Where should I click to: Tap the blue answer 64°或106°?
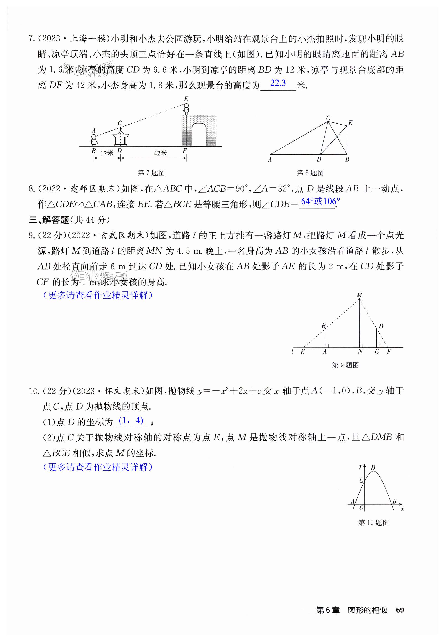pos(320,201)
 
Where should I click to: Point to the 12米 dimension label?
pos(107,153)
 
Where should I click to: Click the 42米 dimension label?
pos(160,153)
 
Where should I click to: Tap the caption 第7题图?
pos(151,173)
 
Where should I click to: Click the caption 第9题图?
pos(345,365)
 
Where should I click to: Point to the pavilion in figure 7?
pos(120,137)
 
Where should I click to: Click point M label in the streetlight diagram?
pos(359,295)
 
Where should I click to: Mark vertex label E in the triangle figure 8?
pos(350,123)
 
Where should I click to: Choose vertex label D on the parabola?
pos(373,468)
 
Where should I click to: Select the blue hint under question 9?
pos(98,295)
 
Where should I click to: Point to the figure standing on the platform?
pos(186,109)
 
